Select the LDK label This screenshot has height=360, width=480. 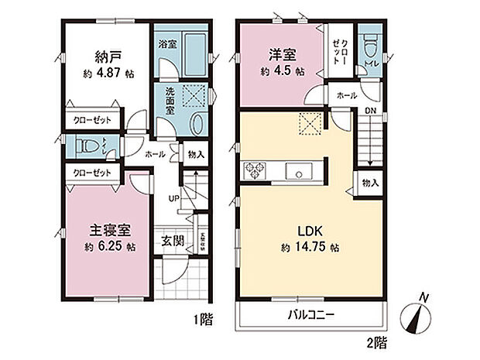[301, 230]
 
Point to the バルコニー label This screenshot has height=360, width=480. [310, 315]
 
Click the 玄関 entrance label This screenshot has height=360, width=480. [172, 241]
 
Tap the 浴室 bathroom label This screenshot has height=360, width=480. [169, 45]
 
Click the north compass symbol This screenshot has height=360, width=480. [420, 317]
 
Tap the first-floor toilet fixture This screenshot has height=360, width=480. [91, 145]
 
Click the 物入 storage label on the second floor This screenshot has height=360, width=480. [370, 183]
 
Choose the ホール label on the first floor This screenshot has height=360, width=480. [155, 153]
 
